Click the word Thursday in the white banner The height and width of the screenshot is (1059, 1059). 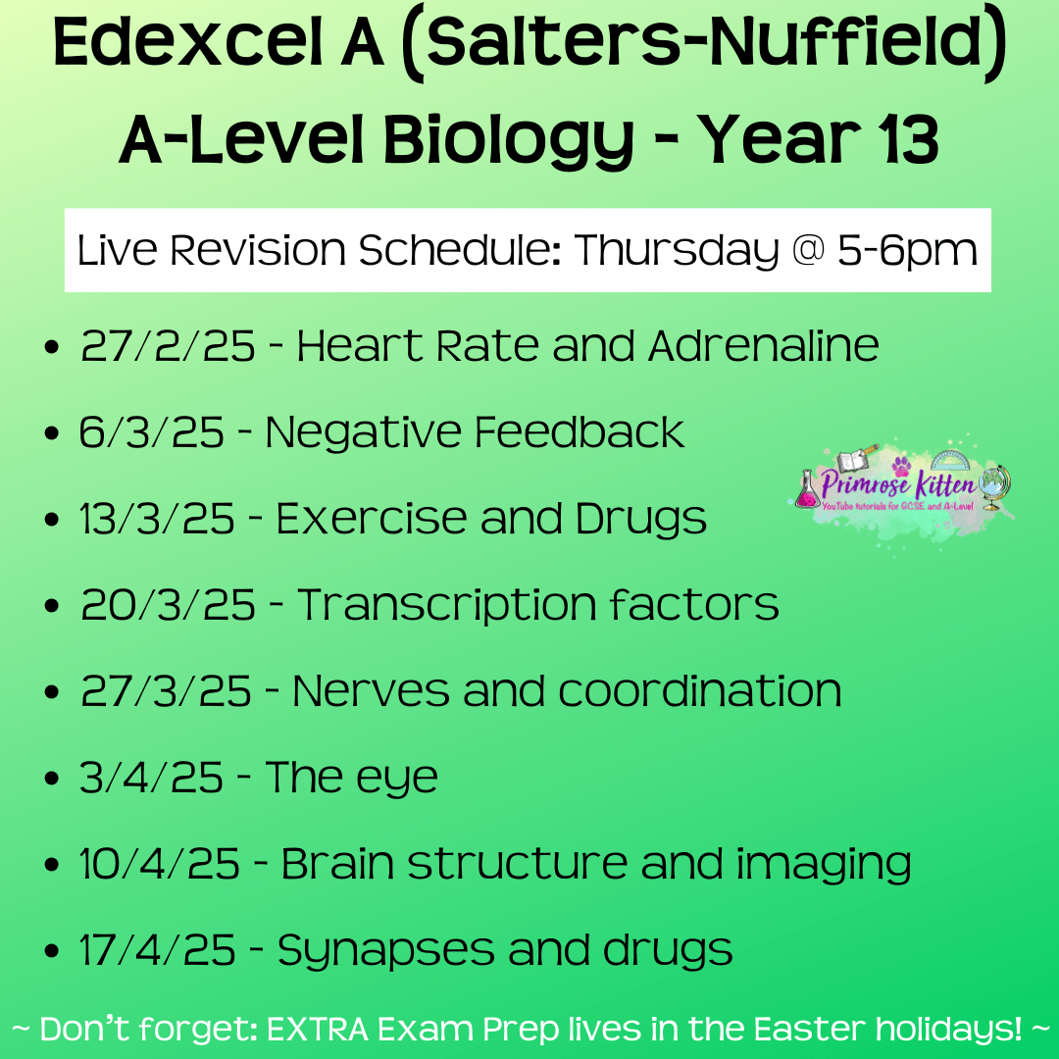[677, 251]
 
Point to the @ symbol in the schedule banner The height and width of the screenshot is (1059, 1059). [808, 249]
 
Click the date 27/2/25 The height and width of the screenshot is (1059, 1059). [168, 346]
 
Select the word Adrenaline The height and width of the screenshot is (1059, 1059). [763, 346]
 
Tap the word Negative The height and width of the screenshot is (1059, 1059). [362, 431]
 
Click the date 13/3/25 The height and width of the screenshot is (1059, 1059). [157, 518]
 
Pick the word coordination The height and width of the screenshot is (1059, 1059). [700, 691]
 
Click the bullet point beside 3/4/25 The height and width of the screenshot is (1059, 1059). [51, 778]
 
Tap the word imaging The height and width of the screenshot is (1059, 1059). [824, 865]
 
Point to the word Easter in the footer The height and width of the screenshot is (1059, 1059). [809, 1029]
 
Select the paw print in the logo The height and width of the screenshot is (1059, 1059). [900, 466]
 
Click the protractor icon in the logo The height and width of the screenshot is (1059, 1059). [949, 461]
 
